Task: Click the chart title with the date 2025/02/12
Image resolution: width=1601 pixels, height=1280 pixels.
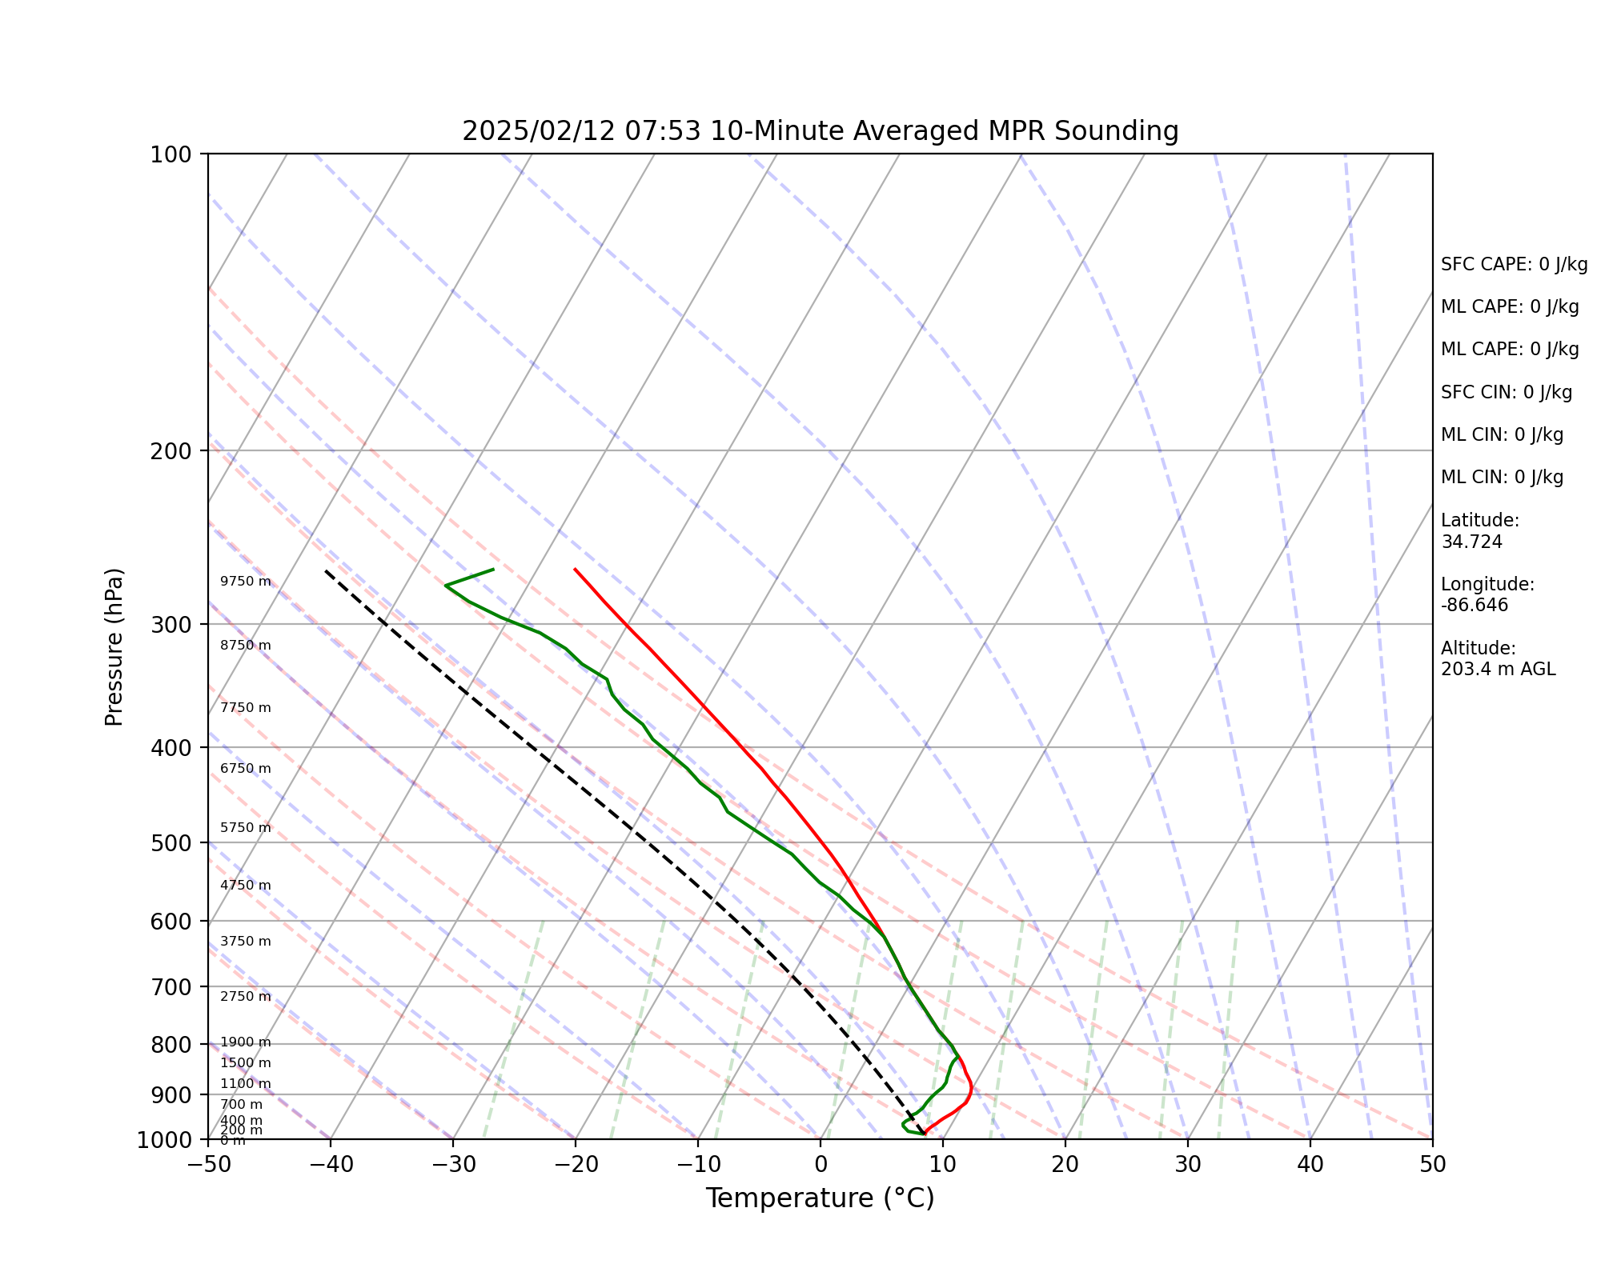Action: (x=820, y=131)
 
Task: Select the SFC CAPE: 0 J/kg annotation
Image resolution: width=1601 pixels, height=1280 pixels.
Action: (x=1514, y=265)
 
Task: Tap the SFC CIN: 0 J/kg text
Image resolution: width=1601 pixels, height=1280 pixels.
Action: (x=1506, y=393)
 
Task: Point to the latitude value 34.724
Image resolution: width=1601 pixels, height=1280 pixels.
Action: (x=1471, y=542)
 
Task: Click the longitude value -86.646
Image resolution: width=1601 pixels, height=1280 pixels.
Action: (x=1475, y=606)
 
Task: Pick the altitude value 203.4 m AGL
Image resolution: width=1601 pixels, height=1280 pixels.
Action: (x=1498, y=670)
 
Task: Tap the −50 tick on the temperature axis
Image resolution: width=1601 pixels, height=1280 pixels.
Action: (x=208, y=1165)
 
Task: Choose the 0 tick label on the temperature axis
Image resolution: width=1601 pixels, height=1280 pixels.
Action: (x=821, y=1165)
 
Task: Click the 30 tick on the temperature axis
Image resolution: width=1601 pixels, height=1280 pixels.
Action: (x=1188, y=1165)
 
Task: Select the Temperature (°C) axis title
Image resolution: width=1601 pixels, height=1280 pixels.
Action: (x=820, y=1198)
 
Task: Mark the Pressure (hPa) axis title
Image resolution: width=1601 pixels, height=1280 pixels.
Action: (x=114, y=646)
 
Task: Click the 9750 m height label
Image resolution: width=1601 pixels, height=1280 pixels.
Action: (x=246, y=582)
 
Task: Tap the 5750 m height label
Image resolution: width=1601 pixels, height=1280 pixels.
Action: (x=246, y=828)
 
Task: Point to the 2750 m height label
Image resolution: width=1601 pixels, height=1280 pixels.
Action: (x=246, y=997)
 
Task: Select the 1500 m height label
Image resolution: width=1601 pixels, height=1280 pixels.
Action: (x=246, y=1063)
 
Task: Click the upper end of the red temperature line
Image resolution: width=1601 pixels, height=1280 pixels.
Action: (x=575, y=569)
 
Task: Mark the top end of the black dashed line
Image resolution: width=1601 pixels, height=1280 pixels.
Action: (x=326, y=570)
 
